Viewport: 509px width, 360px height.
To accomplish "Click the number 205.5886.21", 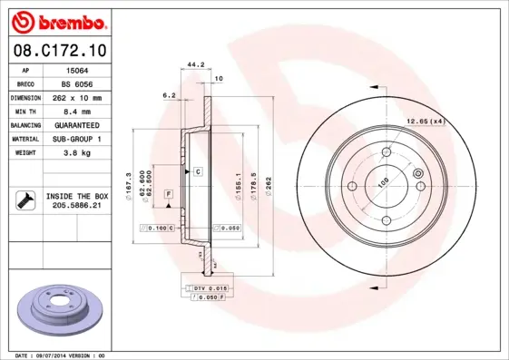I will click(x=76, y=206).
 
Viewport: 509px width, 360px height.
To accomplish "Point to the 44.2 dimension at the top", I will click(x=193, y=64).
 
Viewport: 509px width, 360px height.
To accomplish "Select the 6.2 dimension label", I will click(x=169, y=94).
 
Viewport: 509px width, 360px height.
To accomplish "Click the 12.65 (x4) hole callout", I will click(x=424, y=121).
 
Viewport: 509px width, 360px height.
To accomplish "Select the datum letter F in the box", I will click(x=169, y=195).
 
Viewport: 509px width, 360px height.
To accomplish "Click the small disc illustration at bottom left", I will click(x=64, y=311).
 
